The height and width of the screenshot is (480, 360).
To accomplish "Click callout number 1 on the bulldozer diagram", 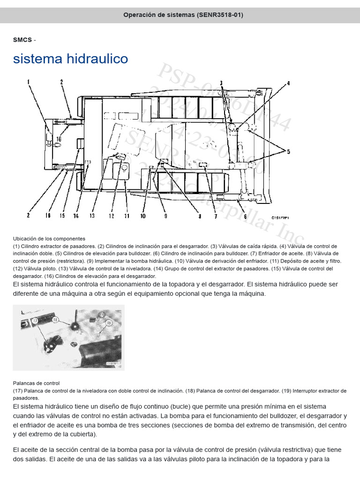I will [x=29, y=82].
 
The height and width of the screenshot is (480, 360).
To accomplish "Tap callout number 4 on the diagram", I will [x=289, y=83].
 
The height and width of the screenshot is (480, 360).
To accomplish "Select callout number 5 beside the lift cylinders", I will [x=288, y=151].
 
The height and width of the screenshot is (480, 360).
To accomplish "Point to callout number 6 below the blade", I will [x=245, y=216].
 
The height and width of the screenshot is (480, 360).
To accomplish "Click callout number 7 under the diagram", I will [x=216, y=216].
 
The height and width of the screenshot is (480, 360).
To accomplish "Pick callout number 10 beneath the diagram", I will [x=143, y=216].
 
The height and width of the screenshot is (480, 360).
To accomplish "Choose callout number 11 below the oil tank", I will [x=126, y=216].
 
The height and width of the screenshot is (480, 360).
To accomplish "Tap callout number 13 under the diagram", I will [x=92, y=216].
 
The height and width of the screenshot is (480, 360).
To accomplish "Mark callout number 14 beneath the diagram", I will [x=76, y=216].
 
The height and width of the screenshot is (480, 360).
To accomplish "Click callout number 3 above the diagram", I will [x=221, y=83].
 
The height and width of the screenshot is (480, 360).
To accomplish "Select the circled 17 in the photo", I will [x=35, y=321].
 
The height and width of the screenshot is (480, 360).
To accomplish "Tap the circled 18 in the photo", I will [x=55, y=319].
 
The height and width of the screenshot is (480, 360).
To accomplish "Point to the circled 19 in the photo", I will [x=108, y=322].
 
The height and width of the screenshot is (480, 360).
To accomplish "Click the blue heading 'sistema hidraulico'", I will [x=70, y=59].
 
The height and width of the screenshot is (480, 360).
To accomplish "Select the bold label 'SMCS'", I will [x=22, y=39].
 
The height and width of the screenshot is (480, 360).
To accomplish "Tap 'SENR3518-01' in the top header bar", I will [x=220, y=15].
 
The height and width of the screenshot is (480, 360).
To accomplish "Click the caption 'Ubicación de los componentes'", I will [x=49, y=239].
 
